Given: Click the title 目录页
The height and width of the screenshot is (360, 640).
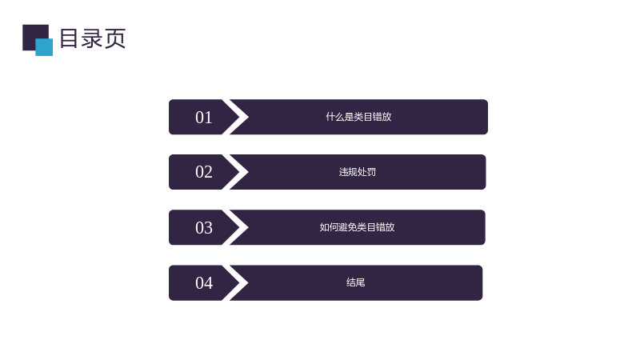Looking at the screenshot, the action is coord(93,38).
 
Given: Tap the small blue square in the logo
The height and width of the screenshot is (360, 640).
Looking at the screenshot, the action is coord(44,47).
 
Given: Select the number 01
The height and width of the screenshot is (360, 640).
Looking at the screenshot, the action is coord(204,118).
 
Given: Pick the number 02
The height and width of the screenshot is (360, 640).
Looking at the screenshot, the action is coord(204,172).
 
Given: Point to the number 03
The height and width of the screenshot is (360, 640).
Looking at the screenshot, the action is coord(204,228).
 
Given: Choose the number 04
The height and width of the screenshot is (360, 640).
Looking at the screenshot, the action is coord(204,283).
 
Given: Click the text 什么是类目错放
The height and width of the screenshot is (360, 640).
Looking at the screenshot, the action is coord(358,117).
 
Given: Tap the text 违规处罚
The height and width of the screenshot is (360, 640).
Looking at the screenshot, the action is coord(357,172).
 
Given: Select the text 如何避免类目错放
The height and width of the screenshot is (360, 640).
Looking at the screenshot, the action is coord(357,227).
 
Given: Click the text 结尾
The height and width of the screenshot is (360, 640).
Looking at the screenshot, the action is coord(355,282).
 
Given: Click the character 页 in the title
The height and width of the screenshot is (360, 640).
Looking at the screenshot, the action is coord(115,38).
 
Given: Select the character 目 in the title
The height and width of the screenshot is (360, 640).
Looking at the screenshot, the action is coord(69,38).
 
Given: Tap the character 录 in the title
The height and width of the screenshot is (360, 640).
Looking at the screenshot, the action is coord(91,38).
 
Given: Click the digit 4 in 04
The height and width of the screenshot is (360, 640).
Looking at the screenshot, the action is coord(208,283).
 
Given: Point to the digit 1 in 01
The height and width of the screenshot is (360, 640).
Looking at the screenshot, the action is coord(209,118).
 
